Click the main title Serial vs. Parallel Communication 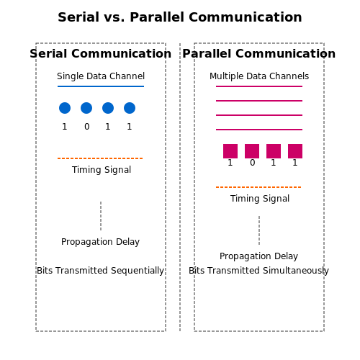180,17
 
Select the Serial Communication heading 101,53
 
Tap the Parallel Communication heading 259,53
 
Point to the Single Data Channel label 101,76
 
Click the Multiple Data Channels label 259,76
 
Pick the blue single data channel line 101,86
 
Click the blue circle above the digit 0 86,108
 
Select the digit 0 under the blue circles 87,127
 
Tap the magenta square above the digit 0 252,151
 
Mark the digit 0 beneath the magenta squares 253,163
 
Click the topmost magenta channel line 259,86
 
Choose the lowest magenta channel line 259,130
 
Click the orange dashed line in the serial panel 100,158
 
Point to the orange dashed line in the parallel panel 258,187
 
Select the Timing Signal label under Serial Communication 102,170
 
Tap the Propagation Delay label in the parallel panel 258,256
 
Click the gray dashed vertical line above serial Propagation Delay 101,216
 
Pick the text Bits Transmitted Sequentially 100,271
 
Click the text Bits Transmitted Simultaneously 258,271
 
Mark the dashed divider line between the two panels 180,187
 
